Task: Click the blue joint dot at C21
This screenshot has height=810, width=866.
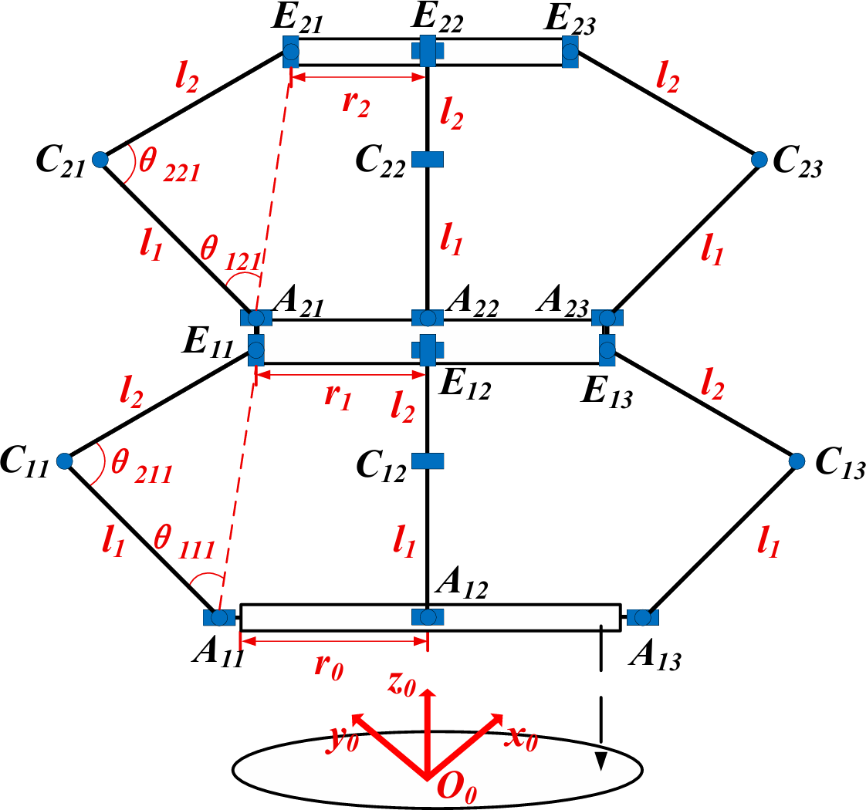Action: (x=100, y=160)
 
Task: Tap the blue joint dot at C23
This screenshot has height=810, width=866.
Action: (x=759, y=160)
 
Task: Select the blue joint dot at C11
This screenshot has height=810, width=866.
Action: (x=65, y=461)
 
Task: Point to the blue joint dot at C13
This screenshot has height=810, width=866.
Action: (x=797, y=461)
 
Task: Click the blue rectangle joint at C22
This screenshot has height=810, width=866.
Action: (x=427, y=160)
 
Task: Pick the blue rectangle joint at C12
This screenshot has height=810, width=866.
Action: (x=427, y=461)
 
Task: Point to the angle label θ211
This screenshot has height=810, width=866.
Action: (x=140, y=464)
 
